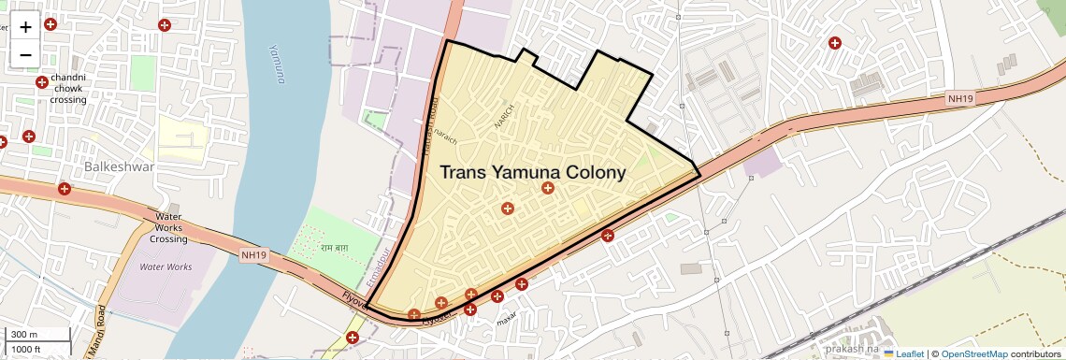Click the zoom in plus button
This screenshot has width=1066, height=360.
(x=25, y=27)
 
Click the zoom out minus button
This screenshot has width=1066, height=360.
(x=25, y=53)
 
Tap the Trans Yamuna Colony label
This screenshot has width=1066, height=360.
(x=532, y=173)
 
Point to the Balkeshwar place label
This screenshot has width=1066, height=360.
(x=119, y=166)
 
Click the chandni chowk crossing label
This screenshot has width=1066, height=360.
(x=69, y=88)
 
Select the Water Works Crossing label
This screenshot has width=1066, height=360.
(x=169, y=227)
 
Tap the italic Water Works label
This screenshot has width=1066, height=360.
(x=166, y=266)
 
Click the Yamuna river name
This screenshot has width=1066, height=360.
(x=276, y=64)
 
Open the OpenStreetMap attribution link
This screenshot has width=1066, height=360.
(x=974, y=353)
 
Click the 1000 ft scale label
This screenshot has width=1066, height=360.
(x=26, y=349)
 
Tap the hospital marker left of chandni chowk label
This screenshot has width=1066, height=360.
(x=42, y=83)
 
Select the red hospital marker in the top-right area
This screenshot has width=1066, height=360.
(x=834, y=42)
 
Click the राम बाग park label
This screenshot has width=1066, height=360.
(x=335, y=248)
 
